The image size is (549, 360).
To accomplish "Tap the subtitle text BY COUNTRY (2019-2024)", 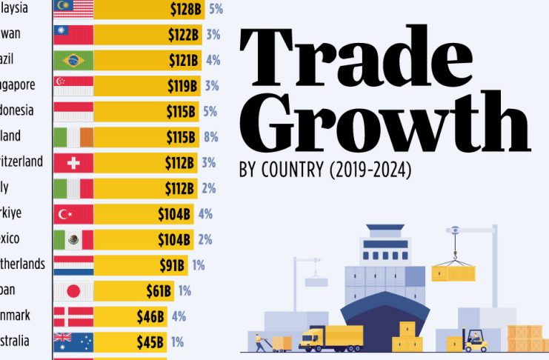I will tap(325, 170).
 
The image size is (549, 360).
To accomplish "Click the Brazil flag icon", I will tap(73, 60).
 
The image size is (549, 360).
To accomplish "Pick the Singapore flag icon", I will tap(73, 86).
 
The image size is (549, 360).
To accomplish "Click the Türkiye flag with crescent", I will tap(73, 214).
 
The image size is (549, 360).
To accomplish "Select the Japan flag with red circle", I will tap(73, 290).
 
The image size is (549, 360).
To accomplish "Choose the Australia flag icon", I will tap(73, 341).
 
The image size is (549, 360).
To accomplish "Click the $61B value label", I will tap(155, 290).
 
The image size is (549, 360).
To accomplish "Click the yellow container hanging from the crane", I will tap(452, 273).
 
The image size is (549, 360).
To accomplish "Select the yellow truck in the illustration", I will tap(331, 338).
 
